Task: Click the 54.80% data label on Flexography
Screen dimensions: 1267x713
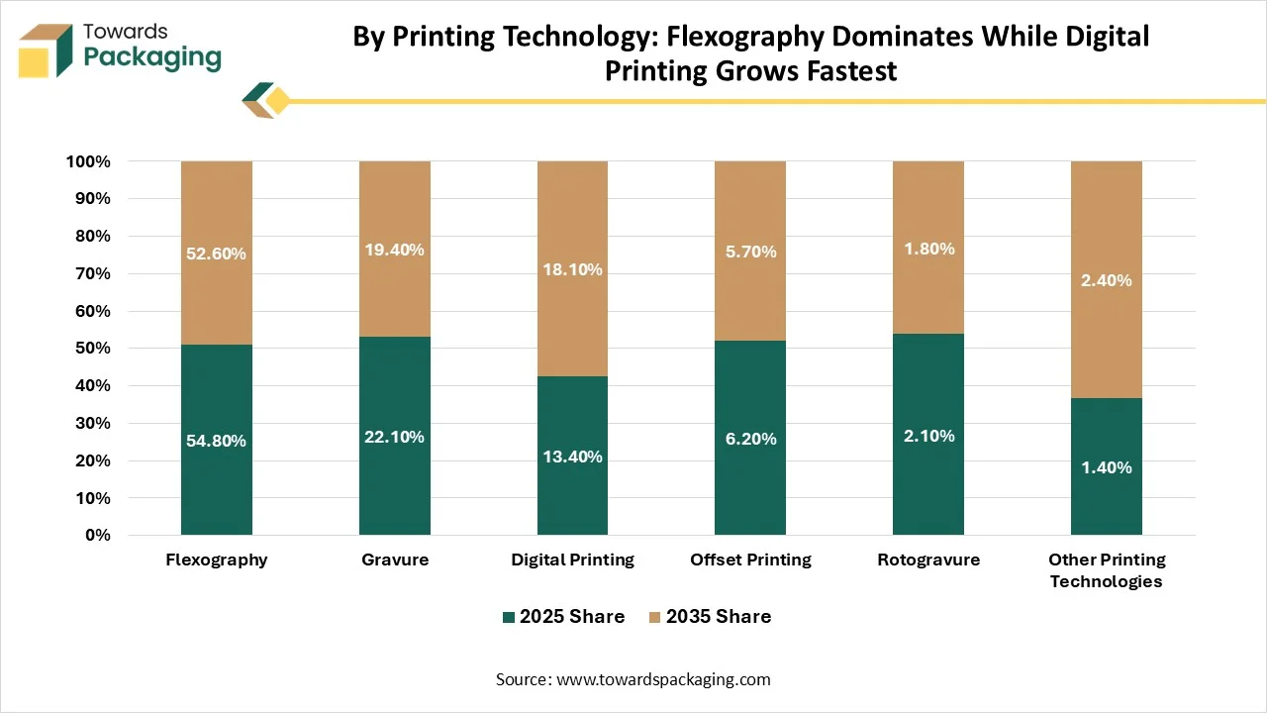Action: [x=216, y=441]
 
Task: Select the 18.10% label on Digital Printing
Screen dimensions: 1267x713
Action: [x=572, y=269]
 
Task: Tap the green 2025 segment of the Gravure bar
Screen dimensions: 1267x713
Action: [x=395, y=436]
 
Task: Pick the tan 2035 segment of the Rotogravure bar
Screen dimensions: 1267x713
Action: [x=928, y=248]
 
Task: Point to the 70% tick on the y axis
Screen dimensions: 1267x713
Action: [x=93, y=274]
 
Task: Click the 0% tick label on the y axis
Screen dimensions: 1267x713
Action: [x=98, y=536]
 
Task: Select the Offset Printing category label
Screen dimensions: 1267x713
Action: [x=750, y=560]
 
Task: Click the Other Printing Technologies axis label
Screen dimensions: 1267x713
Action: [x=1107, y=570]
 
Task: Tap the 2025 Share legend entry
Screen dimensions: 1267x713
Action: [x=564, y=616]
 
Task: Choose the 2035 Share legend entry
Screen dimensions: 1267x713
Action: [x=710, y=616]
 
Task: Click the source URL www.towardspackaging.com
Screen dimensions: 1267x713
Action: [x=663, y=679]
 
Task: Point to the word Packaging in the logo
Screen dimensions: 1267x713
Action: [x=152, y=58]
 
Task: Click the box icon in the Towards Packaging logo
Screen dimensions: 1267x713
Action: [x=46, y=51]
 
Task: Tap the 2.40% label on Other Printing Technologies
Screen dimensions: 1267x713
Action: [x=1107, y=280]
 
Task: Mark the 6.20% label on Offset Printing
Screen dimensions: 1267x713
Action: [x=750, y=439]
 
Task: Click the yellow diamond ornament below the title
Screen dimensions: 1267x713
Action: [x=278, y=101]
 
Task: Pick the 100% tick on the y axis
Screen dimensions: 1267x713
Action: [x=88, y=161]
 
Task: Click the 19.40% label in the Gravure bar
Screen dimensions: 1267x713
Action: [x=394, y=250]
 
